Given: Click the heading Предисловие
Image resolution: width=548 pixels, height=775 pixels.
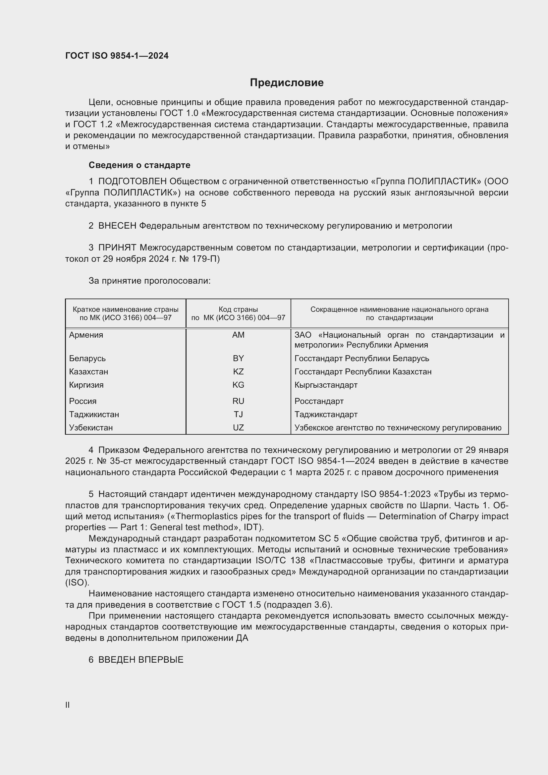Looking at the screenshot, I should point(287,83).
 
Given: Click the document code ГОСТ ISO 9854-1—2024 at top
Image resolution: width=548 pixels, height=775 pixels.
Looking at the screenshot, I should point(117,56).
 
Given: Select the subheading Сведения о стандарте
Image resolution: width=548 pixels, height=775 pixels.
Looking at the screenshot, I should point(139,165).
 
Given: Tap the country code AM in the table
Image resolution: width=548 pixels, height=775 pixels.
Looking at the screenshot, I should point(238,335).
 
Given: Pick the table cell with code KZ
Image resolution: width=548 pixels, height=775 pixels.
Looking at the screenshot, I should point(238,372).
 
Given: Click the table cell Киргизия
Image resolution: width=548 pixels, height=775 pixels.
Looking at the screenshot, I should point(86,385).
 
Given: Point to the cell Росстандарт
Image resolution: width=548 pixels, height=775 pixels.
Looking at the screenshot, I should point(319,401).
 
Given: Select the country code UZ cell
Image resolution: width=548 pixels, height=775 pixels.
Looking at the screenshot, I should point(238,428).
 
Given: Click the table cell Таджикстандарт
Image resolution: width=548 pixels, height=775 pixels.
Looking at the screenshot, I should point(326,414).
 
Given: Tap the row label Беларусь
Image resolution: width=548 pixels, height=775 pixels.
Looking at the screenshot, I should point(87,358).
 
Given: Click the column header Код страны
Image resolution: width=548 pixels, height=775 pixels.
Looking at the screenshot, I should point(238,309).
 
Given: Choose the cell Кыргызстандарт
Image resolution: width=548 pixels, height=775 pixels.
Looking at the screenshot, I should point(326,385).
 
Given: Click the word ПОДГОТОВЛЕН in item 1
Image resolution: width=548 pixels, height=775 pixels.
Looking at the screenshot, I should point(132,182).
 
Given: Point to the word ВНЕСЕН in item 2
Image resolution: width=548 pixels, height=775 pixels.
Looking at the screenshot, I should point(117,226).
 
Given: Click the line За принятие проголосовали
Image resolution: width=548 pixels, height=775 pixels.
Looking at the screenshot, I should point(149,281).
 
